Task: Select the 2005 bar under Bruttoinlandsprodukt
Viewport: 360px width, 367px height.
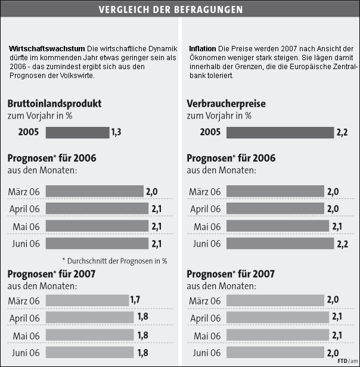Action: [x=77, y=132]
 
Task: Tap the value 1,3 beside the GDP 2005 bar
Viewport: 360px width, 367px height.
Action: [x=116, y=132]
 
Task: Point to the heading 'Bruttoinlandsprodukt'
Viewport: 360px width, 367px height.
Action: [x=54, y=103]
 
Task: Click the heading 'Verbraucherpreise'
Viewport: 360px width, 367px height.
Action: [x=226, y=103]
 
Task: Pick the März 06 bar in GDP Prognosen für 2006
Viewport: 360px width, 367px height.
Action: [x=94, y=191]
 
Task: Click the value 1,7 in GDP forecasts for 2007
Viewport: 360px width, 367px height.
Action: [x=135, y=300]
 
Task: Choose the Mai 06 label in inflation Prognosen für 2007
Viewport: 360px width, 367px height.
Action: [x=206, y=335]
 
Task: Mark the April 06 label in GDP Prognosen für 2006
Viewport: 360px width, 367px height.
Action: [x=25, y=209]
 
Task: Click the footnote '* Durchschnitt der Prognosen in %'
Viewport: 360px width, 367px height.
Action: [x=114, y=260]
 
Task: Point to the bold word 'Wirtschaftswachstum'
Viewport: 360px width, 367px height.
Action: [x=47, y=48]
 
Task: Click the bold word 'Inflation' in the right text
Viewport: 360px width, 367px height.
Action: [x=203, y=48]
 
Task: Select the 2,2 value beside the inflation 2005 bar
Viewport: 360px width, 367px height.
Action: [x=342, y=132]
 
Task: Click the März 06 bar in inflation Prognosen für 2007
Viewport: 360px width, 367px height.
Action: [x=275, y=300]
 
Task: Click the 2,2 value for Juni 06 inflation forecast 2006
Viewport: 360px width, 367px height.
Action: [x=342, y=243]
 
